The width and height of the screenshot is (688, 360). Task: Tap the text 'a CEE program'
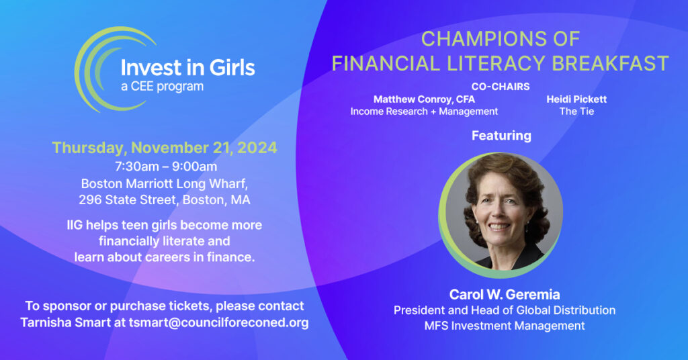[x=162, y=87]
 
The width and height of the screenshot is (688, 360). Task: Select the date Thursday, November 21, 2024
[x=164, y=148]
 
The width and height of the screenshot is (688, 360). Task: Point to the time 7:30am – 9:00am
[x=164, y=166]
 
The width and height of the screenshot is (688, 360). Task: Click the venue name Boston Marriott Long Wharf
[x=164, y=183]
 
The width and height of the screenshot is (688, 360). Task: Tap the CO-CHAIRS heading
[x=501, y=87]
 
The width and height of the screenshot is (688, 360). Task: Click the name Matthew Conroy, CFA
[x=424, y=99]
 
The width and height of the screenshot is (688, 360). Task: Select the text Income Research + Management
[x=424, y=111]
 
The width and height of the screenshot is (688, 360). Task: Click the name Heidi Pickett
[x=576, y=99]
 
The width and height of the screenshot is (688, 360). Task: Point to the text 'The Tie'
[x=576, y=111]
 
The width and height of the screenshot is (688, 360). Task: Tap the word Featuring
[x=501, y=136]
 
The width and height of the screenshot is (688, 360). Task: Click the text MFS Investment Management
[x=505, y=326]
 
